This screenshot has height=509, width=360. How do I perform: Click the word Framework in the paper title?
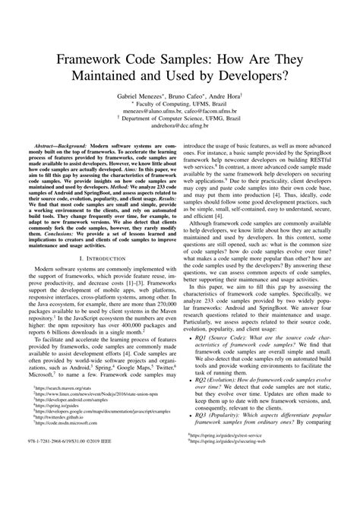click(89, 61)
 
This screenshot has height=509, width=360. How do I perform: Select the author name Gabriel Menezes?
click(142, 98)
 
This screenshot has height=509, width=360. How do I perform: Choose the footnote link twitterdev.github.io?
click(60, 480)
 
